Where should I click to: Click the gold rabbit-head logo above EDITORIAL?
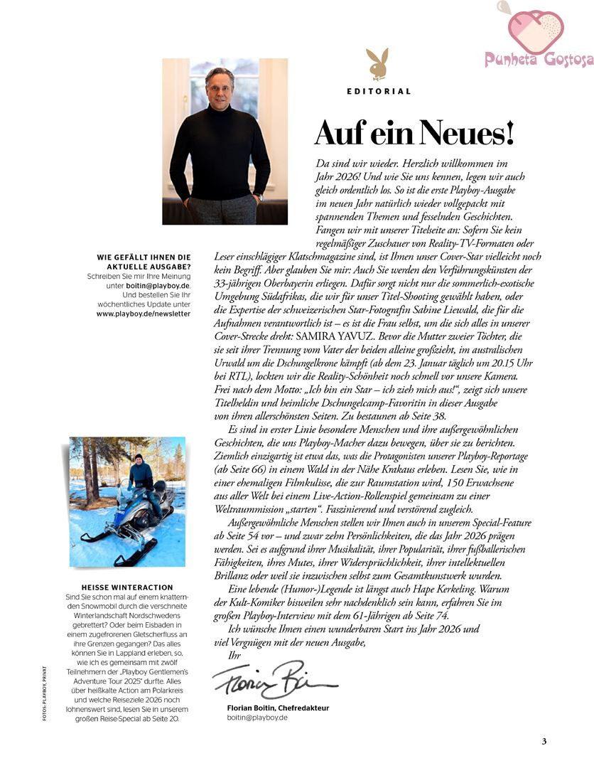click(x=377, y=64)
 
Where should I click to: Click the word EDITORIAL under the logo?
click(x=379, y=91)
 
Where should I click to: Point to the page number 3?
click(x=544, y=742)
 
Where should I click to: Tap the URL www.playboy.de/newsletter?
click(x=144, y=313)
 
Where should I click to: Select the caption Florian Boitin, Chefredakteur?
click(x=278, y=708)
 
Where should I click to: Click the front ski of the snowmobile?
click(x=139, y=553)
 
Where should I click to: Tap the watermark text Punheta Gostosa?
click(x=539, y=60)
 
